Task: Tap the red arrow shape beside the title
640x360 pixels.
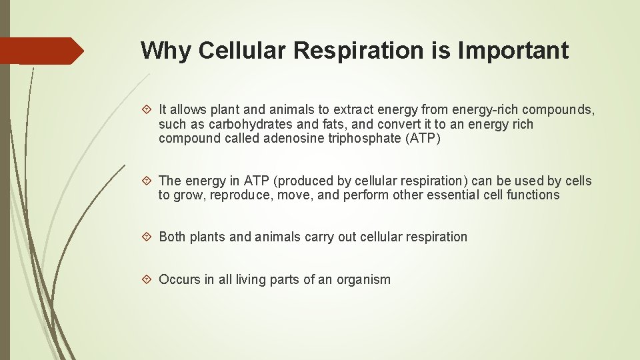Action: (41, 51)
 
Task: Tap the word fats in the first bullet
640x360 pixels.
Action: (331, 125)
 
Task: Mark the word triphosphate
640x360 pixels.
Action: (363, 139)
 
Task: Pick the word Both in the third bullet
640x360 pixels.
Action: (172, 237)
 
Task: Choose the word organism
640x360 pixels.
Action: (363, 280)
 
